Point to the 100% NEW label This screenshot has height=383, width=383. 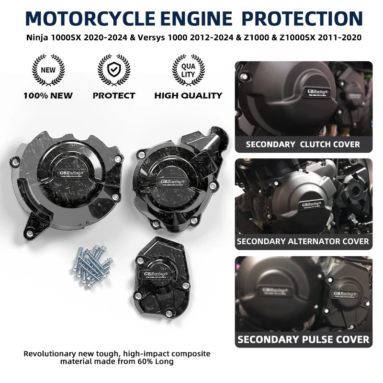pos(48,95)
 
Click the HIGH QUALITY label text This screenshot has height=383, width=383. pos(188,95)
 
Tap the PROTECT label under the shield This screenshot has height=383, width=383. pos(114,95)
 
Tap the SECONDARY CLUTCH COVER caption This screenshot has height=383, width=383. pos(303,144)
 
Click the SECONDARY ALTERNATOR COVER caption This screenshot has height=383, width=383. pos(303,241)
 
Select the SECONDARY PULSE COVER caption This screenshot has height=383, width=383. pos(303,339)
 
